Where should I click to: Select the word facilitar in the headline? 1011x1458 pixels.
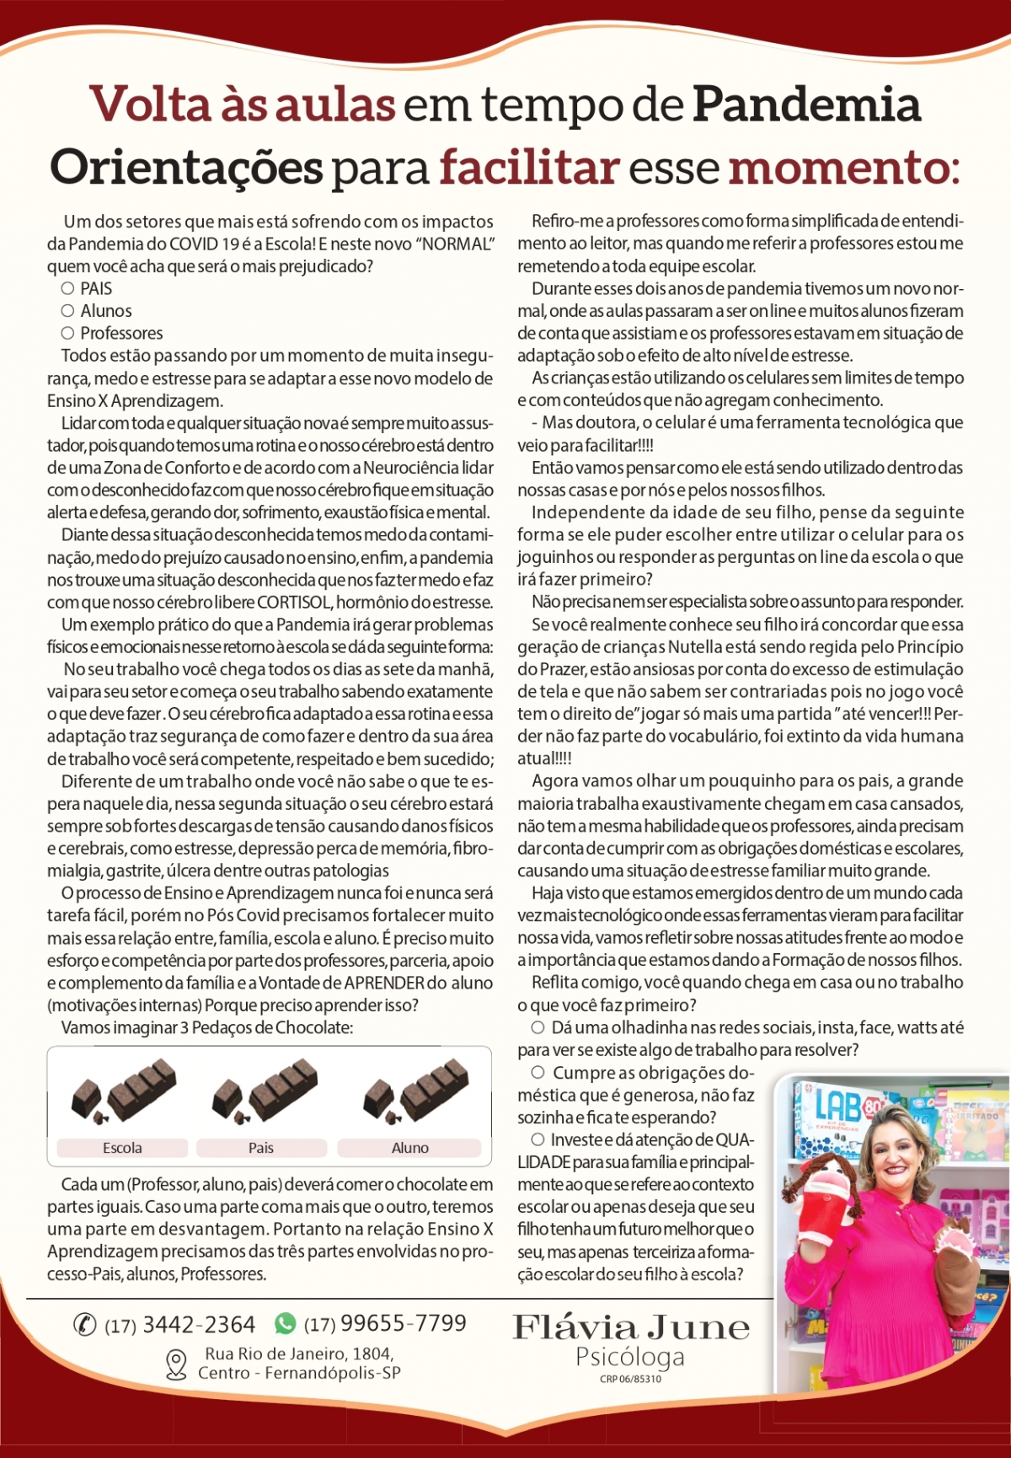(x=529, y=167)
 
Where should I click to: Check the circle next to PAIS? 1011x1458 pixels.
(x=67, y=288)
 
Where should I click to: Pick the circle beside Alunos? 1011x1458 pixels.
(x=67, y=311)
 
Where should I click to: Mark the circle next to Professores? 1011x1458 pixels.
(x=67, y=333)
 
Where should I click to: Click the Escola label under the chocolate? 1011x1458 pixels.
(x=122, y=1148)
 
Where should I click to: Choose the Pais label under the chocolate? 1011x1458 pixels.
(x=261, y=1148)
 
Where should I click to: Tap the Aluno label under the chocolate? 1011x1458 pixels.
(x=409, y=1148)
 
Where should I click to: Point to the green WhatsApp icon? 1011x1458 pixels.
(x=286, y=1324)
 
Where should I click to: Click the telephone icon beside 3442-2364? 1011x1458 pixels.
(x=85, y=1325)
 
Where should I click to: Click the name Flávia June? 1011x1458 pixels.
(x=631, y=1327)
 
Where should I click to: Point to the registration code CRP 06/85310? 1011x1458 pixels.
(x=630, y=1379)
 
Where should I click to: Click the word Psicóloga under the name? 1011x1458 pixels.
(x=630, y=1357)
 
